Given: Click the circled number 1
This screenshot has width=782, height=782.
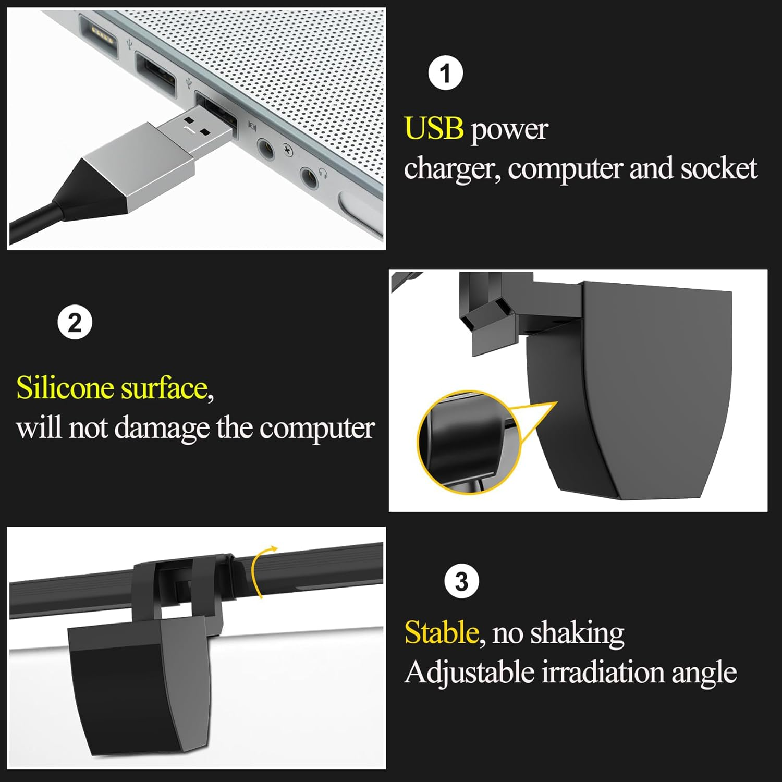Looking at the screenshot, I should [x=445, y=74].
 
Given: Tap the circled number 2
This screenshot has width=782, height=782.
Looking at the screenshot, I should [x=75, y=323].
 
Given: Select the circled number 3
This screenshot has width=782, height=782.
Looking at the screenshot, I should [x=461, y=581].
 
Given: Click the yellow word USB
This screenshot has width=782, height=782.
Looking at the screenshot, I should [x=434, y=128].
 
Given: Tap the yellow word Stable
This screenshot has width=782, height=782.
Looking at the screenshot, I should [x=442, y=632].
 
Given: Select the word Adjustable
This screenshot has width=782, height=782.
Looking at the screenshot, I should [x=470, y=673].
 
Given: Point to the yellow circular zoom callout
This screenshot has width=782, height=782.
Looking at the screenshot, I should [x=469, y=442].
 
